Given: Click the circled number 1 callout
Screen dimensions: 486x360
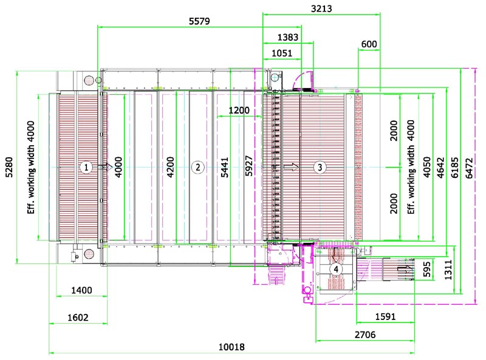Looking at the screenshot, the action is (x=86, y=168).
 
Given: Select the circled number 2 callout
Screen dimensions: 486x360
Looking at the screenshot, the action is (x=198, y=168).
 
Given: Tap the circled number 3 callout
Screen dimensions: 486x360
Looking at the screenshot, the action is (x=320, y=168).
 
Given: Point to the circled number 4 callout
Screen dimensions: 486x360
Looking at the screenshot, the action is (x=336, y=269).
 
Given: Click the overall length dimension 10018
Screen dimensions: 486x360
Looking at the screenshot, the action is (x=231, y=347).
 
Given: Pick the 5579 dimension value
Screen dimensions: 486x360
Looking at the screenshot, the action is (x=199, y=21).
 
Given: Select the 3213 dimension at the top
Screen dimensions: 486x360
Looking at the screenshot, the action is (x=321, y=8).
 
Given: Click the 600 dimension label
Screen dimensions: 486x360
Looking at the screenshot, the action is (x=369, y=44).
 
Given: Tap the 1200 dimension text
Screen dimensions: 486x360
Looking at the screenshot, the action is (x=239, y=110).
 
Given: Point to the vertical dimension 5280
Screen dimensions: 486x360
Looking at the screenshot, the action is (x=9, y=168).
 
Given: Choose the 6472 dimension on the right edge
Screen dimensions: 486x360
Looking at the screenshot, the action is (x=469, y=168).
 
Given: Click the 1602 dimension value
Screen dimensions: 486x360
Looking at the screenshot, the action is (x=78, y=318).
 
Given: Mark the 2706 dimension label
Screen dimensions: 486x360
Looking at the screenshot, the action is (x=365, y=335).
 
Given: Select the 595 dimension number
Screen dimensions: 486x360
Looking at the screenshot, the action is (x=427, y=269).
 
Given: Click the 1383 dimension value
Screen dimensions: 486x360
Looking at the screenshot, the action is (x=287, y=37).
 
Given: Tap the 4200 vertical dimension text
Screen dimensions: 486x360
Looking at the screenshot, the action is (x=170, y=168).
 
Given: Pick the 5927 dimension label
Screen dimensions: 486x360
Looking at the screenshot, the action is (x=248, y=166).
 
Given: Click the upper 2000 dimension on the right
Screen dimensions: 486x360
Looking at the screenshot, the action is (x=394, y=131).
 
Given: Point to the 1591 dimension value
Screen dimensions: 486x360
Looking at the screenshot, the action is (x=385, y=317).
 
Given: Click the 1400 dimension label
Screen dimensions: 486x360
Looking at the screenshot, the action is (x=81, y=290).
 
